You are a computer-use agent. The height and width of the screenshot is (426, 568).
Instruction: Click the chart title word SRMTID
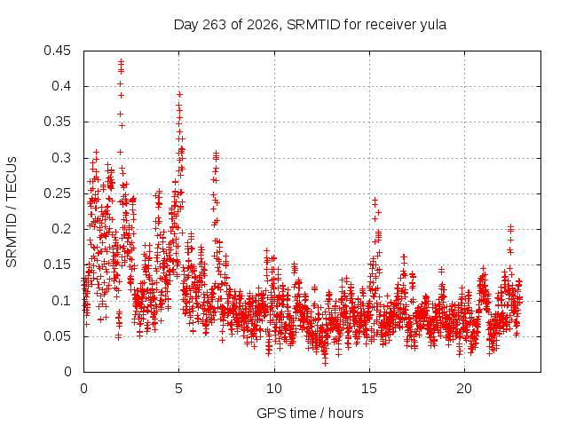[313, 25]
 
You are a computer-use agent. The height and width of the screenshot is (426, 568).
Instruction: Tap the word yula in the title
[433, 26]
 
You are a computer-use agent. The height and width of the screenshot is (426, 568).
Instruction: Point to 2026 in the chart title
[263, 25]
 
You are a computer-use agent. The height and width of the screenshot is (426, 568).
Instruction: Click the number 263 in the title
[215, 25]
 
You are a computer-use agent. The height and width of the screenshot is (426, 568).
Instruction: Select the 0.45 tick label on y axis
[57, 51]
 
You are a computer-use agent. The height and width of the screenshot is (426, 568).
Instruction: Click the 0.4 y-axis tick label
[61, 86]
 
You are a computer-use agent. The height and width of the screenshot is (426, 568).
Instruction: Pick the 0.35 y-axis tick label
[57, 122]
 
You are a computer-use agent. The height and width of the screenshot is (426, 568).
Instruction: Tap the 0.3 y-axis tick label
[61, 158]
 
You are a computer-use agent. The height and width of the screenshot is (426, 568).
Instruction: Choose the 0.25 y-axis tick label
[57, 193]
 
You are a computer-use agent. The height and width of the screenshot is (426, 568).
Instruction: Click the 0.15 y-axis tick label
[57, 264]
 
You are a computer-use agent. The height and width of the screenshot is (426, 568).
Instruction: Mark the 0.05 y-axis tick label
[57, 336]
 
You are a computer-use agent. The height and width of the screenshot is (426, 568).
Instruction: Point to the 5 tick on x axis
[179, 389]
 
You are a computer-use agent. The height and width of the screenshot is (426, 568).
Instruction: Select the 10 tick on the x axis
[274, 389]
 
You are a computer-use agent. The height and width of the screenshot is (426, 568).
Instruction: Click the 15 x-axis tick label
[369, 389]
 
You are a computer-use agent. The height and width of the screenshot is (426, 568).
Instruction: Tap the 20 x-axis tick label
[464, 389]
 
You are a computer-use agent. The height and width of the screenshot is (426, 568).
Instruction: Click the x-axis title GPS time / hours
[310, 413]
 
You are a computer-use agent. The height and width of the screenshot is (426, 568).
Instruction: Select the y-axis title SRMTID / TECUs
[12, 212]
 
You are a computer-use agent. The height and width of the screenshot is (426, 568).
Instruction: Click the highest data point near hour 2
[121, 61]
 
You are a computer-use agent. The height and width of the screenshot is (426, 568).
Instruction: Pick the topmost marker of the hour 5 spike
[179, 95]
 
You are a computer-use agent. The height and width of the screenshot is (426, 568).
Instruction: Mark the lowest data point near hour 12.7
[325, 363]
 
